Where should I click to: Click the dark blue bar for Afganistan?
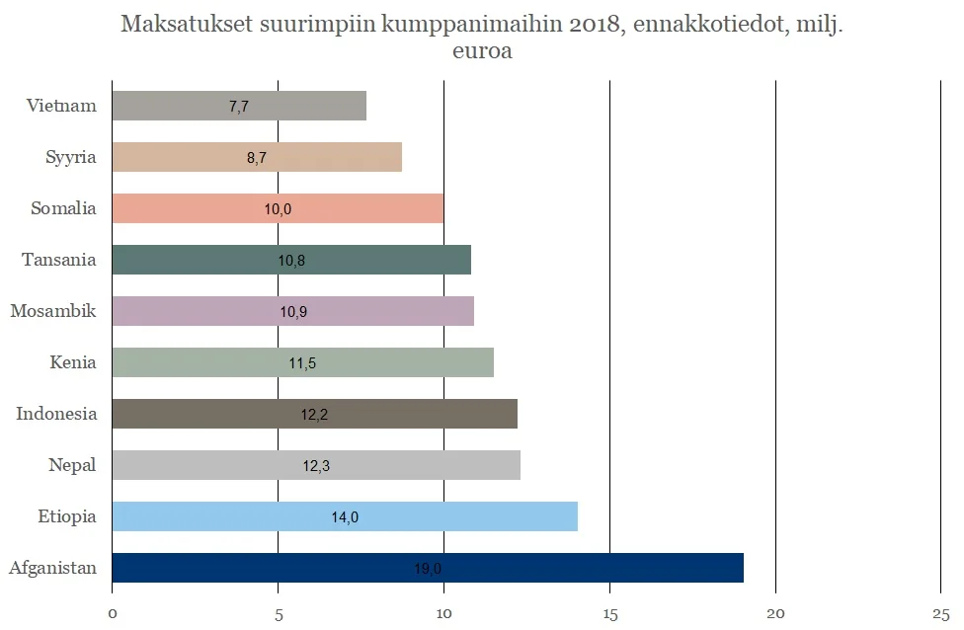coord(428,568)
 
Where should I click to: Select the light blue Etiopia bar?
coord(345,516)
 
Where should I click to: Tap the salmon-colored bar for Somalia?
coord(278,208)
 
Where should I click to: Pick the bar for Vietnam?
coord(239,106)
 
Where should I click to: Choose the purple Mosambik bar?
coord(292,311)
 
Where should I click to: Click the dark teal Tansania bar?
coord(291,260)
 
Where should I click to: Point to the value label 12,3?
coord(316,465)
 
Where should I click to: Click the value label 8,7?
coord(257,157)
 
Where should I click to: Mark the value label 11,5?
coord(302,362)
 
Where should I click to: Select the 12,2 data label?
coord(314,414)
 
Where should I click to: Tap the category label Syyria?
coord(71,157)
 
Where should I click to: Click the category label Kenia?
coord(73,362)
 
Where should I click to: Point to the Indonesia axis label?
coord(56,414)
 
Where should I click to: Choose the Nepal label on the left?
coord(72,465)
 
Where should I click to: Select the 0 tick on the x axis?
coord(113,613)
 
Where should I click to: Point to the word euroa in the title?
coord(482,51)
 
